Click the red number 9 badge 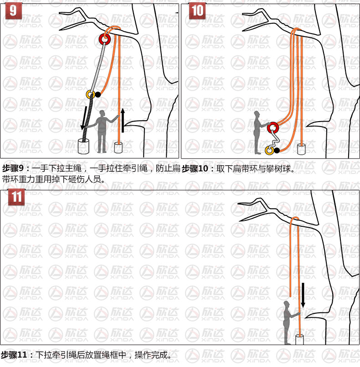coord(13,10)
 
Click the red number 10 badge coord(197,10)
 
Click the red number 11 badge coord(16,197)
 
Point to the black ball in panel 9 coord(98,95)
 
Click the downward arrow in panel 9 coord(83,118)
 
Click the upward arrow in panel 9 coord(123,120)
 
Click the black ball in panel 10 coord(277,150)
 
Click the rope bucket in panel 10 coord(301,149)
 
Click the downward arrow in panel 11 coord(303,295)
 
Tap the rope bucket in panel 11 coord(299,340)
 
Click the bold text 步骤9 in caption coord(13,168)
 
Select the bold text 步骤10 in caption coord(195,168)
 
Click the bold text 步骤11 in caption coord(14,355)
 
